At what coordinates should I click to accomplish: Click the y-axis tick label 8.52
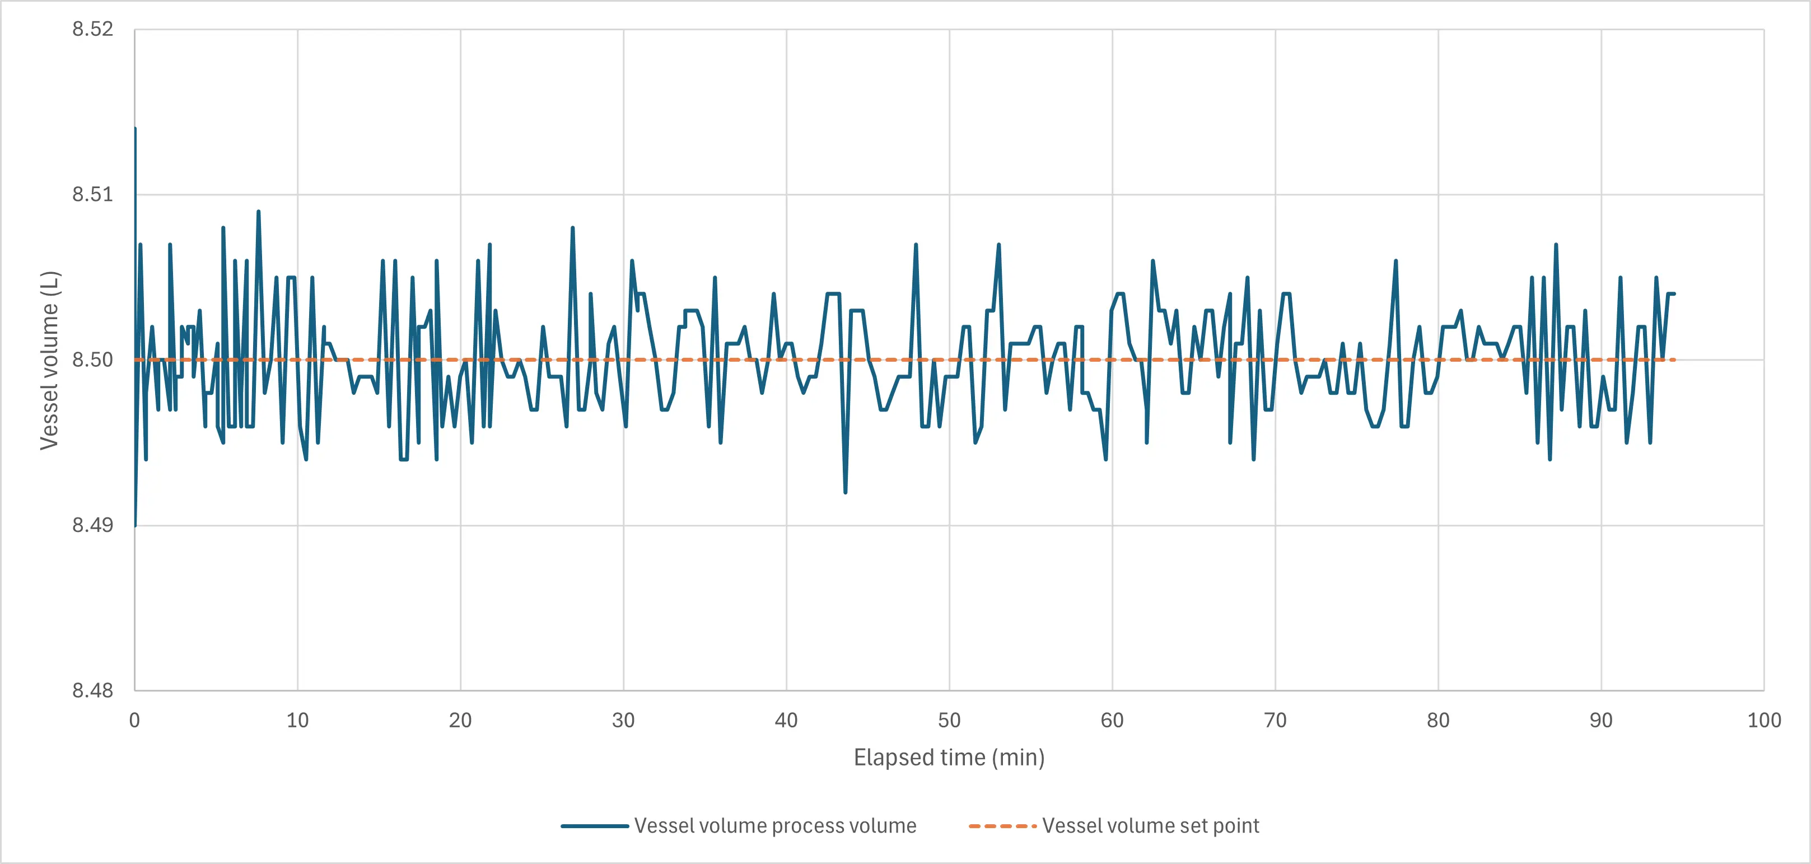click(x=92, y=29)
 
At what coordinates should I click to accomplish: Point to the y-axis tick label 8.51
click(x=92, y=194)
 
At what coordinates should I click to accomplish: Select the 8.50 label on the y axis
click(x=92, y=360)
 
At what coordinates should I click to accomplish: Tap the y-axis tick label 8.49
click(x=92, y=525)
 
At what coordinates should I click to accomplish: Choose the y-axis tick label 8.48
click(x=92, y=690)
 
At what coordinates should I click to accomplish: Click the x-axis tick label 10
click(x=297, y=721)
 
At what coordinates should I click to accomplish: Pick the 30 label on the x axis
click(x=623, y=721)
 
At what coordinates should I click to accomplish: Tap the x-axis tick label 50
click(x=949, y=721)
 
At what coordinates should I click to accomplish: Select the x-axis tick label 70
click(x=1275, y=721)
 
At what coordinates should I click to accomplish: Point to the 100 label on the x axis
click(x=1764, y=721)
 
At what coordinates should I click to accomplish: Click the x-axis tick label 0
click(x=134, y=721)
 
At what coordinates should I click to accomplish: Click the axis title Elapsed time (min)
click(x=949, y=758)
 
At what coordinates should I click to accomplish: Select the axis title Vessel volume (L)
click(x=50, y=360)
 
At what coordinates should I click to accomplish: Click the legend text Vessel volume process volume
click(x=774, y=826)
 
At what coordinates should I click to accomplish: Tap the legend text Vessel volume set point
click(x=1150, y=826)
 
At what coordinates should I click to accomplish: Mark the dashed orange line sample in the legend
click(x=1002, y=826)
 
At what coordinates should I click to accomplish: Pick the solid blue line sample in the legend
click(x=595, y=826)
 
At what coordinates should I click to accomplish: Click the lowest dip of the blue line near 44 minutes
click(x=845, y=492)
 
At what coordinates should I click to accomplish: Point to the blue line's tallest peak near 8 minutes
click(x=259, y=211)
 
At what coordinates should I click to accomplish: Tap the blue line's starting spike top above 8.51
click(x=135, y=129)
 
